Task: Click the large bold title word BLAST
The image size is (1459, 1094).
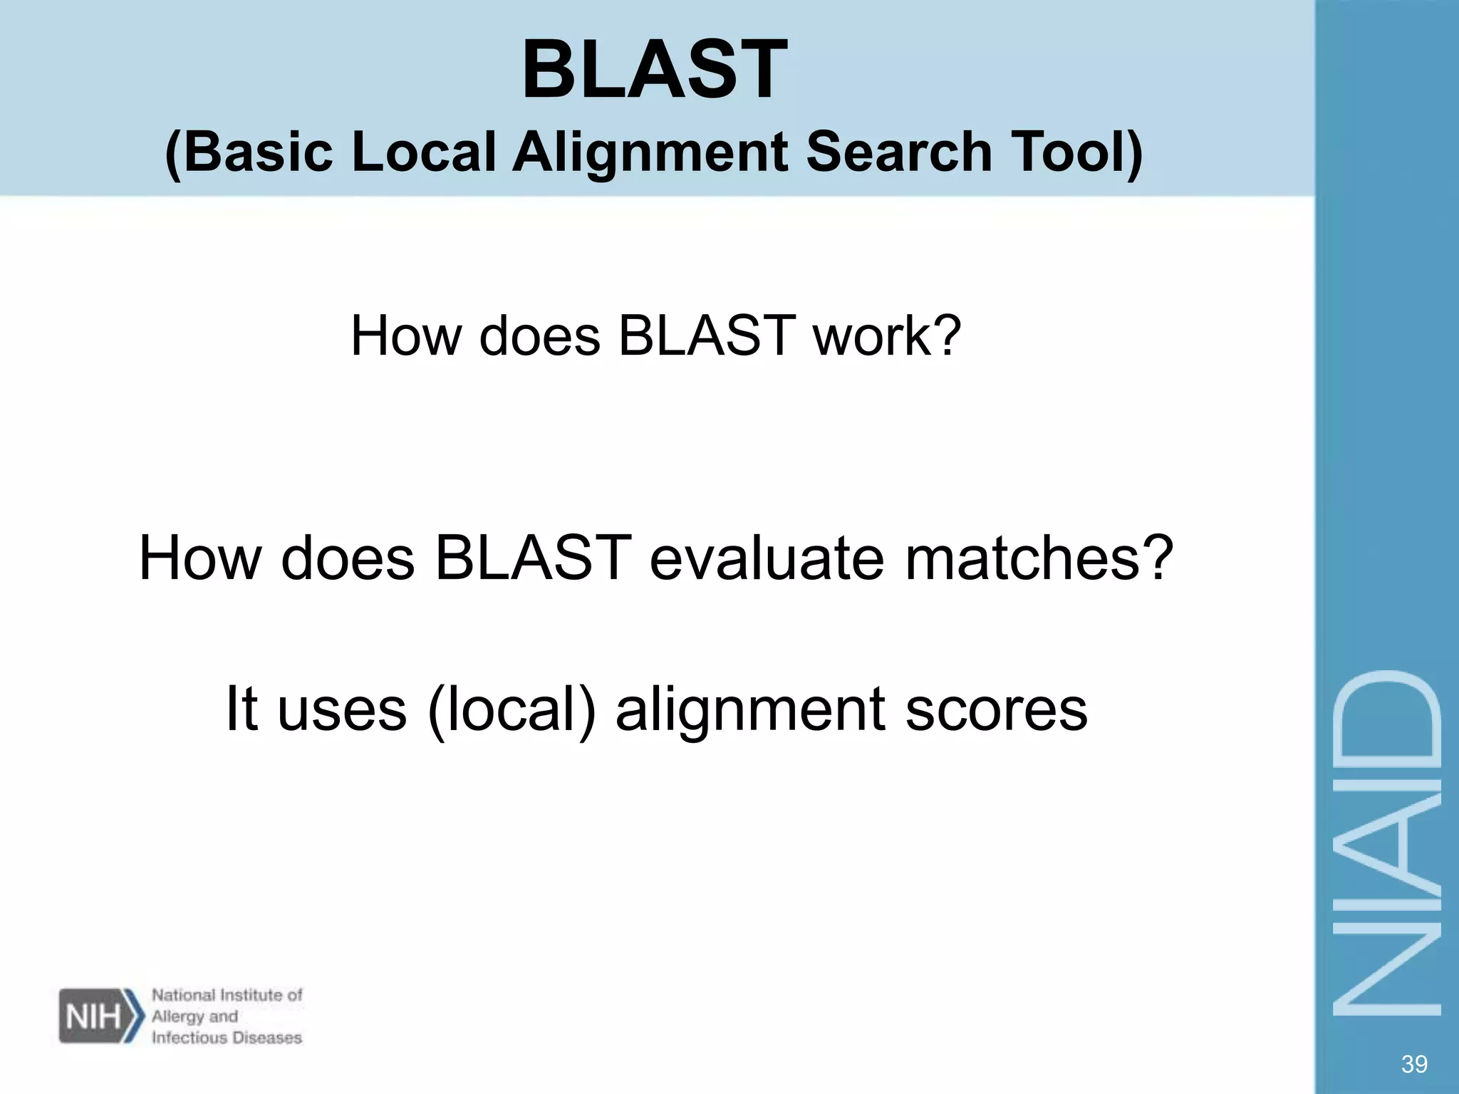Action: pyautogui.click(x=654, y=70)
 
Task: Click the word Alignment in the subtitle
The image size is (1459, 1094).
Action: pyautogui.click(x=650, y=152)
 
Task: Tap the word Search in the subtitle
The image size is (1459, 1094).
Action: pyautogui.click(x=899, y=152)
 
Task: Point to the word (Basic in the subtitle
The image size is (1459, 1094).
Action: pyautogui.click(x=249, y=152)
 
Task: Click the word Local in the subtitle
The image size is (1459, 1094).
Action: pyautogui.click(x=423, y=152)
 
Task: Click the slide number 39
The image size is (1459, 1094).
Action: pyautogui.click(x=1413, y=1064)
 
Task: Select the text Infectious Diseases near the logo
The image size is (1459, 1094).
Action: pyautogui.click(x=227, y=1038)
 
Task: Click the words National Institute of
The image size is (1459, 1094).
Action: pyautogui.click(x=227, y=995)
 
